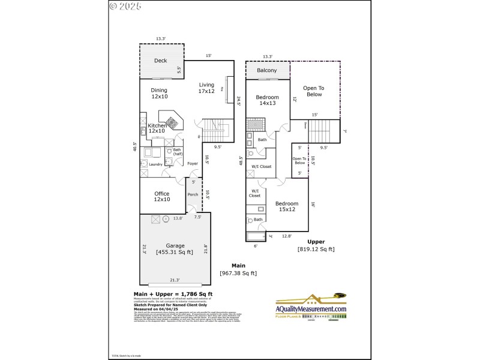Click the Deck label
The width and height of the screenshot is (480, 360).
pos(160,61)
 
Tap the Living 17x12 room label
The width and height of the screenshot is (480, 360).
pos(206,88)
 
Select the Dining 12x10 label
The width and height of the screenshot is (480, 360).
pos(159,93)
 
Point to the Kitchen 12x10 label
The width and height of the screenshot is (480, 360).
pos(157,128)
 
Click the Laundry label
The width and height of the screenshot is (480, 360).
pos(156,164)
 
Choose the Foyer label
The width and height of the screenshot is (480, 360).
pos(193,163)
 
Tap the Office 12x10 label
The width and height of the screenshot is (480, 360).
pos(161,196)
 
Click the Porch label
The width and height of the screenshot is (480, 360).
pos(193,194)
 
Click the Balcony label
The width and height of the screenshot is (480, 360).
pos(267,71)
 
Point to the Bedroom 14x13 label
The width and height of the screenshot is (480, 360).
pos(267,100)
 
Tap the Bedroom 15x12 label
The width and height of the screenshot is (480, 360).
pos(287,206)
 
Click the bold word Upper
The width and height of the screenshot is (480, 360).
pos(316,242)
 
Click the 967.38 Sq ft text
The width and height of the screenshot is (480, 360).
pos(238,273)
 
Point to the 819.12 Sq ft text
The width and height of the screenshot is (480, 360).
pos(316,249)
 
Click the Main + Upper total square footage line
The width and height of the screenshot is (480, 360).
pos(173,294)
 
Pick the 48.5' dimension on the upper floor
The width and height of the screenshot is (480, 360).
pos(241,160)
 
